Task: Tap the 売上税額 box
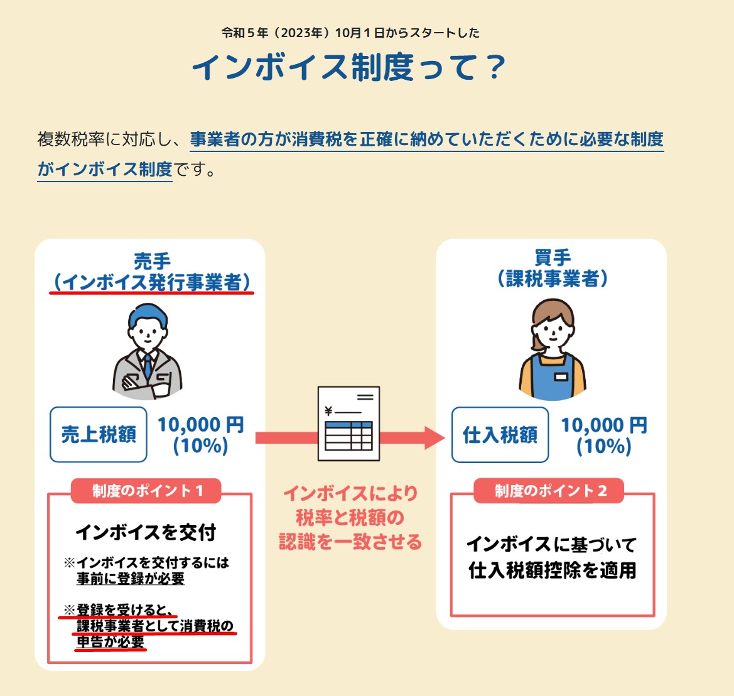click(99, 434)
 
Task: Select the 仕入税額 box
click(500, 434)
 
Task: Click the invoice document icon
click(348, 423)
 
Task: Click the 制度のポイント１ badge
click(147, 491)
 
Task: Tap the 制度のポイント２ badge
click(550, 491)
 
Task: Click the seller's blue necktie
click(148, 364)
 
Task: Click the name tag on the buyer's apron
click(561, 377)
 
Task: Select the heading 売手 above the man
click(152, 261)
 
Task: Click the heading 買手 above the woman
click(553, 258)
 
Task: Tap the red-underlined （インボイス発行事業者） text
click(152, 282)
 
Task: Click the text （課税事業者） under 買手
click(553, 278)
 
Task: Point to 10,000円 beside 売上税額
click(200, 425)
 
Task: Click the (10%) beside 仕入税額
click(603, 447)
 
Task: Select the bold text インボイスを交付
click(146, 532)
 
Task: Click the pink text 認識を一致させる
click(350, 541)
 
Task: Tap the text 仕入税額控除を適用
click(553, 570)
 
